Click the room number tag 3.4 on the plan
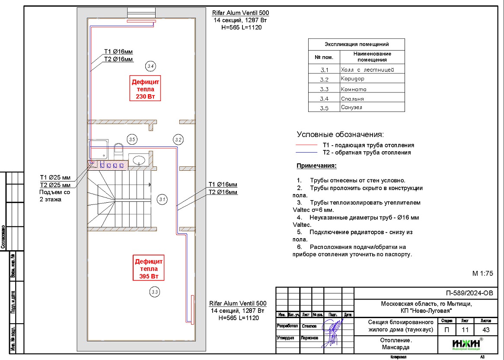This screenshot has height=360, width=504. pyautogui.click(x=150, y=66)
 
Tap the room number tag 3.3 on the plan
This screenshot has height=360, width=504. pyautogui.click(x=155, y=292)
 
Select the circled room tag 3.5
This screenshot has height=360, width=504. pyautogui.click(x=132, y=139)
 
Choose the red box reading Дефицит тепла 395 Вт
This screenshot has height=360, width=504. pyautogui.click(x=149, y=269)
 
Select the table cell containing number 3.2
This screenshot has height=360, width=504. pyautogui.click(x=324, y=80)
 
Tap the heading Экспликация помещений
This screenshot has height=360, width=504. pyautogui.click(x=357, y=44)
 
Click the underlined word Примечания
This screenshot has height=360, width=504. pyautogui.click(x=316, y=166)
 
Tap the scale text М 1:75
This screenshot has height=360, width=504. pyautogui.click(x=482, y=274)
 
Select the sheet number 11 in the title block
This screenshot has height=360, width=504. pyautogui.click(x=465, y=330)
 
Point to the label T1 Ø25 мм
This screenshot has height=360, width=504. pyautogui.click(x=55, y=177)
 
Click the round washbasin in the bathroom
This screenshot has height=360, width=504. pyautogui.click(x=139, y=160)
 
